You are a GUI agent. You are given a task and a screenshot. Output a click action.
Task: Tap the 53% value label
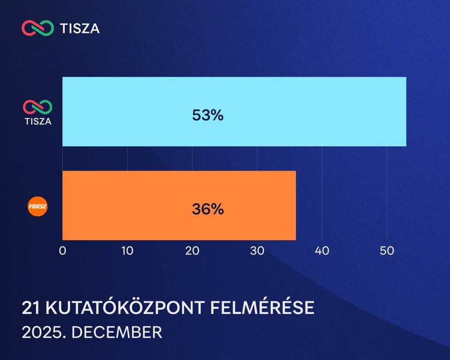[x=208, y=115]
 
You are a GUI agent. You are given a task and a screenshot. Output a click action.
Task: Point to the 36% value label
[x=208, y=209]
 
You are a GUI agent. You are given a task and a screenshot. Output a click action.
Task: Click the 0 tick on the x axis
[x=62, y=251]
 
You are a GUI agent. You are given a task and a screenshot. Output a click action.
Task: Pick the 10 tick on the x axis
[x=127, y=251]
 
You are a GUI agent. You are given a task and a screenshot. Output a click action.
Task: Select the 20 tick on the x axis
[x=192, y=251]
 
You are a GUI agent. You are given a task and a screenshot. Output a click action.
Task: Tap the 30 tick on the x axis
[x=257, y=251]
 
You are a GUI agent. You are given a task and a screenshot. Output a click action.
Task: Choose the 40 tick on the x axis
[x=322, y=251]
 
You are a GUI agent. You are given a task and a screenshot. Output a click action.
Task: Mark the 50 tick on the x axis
[x=387, y=251]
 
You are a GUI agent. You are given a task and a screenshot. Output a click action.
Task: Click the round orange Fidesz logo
[x=38, y=207]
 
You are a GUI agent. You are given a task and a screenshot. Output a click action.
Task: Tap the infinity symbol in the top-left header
[x=37, y=28]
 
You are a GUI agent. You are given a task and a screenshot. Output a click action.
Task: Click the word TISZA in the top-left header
[x=80, y=29]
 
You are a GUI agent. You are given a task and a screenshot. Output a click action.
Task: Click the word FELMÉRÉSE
[x=262, y=308]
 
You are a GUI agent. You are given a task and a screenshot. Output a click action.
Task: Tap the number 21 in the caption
[x=30, y=308]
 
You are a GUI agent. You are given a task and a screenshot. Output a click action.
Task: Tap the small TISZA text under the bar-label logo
[x=38, y=121]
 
